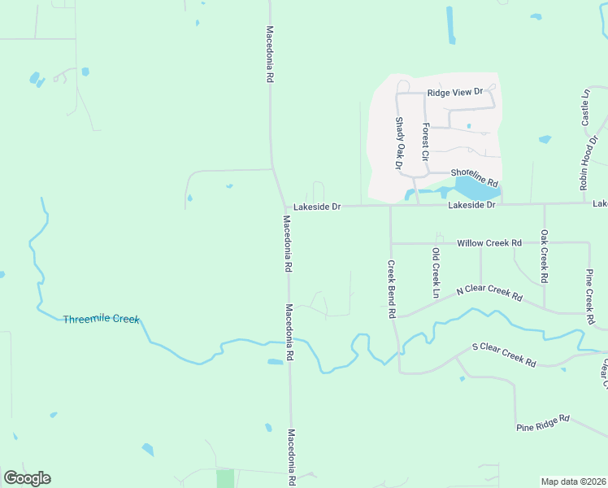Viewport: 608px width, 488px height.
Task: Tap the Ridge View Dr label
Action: pos(455,93)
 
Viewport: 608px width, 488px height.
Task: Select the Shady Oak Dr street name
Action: pos(399,143)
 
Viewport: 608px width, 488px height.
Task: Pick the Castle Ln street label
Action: pos(585,107)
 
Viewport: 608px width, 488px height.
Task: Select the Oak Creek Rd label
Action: pos(544,257)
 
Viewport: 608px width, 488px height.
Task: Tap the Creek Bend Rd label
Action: pos(391,289)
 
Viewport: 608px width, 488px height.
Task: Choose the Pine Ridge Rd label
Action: pos(543,424)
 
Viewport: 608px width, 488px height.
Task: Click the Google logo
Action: pos(27,478)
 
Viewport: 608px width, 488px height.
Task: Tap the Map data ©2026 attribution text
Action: pos(573,481)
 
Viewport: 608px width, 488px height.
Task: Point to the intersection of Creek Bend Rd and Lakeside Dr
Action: pos(390,206)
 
